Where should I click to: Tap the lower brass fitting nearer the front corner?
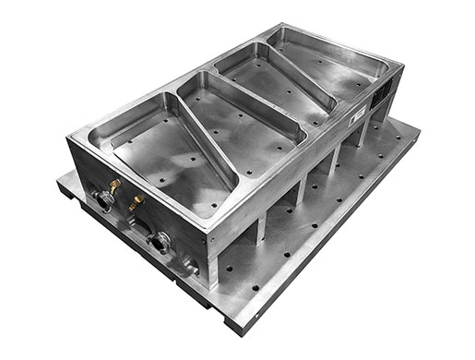[136, 200]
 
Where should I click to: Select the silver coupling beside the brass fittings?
[100, 200]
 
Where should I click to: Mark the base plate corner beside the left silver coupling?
[57, 180]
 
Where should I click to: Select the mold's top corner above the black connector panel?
[402, 66]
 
